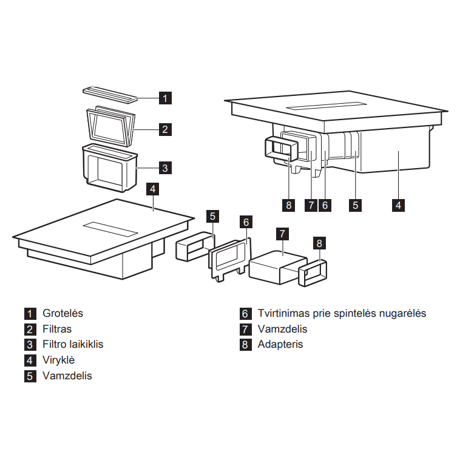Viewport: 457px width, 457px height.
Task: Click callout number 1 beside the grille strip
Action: point(165,98)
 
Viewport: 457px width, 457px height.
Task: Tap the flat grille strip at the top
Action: point(110,95)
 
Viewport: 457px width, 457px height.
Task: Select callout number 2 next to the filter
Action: point(165,129)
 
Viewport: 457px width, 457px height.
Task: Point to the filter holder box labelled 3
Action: point(110,168)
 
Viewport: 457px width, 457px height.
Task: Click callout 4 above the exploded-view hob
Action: point(153,189)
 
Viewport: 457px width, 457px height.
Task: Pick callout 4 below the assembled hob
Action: point(398,205)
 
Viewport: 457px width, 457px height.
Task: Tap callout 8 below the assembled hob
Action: point(288,205)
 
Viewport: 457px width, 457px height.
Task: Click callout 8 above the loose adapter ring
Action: point(319,243)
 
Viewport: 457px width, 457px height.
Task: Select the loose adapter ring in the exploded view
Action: point(313,273)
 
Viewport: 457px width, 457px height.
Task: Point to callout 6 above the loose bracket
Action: point(246,222)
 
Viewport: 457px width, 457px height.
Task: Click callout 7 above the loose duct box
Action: point(282,234)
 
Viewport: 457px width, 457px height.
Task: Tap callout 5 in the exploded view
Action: point(212,216)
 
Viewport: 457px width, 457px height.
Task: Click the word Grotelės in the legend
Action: point(63,313)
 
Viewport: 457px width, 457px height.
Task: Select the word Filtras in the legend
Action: point(57,329)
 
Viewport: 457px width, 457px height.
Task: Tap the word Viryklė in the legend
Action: point(58,360)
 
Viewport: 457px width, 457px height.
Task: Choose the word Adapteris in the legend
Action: point(280,345)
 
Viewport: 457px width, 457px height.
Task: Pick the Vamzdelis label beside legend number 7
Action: point(282,329)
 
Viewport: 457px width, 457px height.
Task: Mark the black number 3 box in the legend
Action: point(30,345)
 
